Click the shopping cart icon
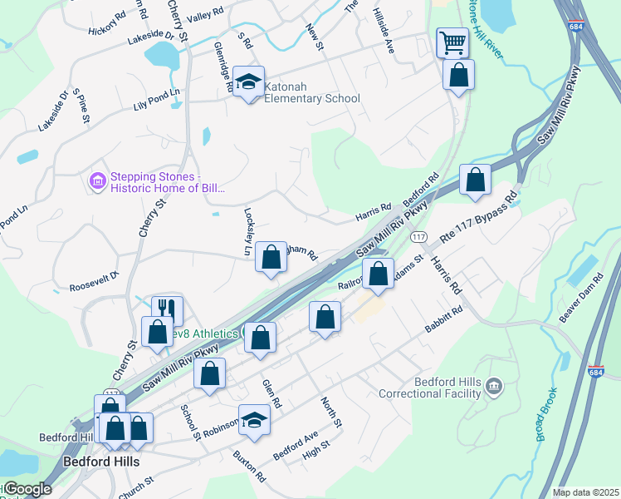(x=452, y=42)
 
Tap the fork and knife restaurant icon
(x=167, y=310)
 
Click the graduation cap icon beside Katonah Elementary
(x=247, y=81)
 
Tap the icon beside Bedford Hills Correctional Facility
(x=494, y=386)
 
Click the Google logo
(x=27, y=490)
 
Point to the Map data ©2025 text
(x=585, y=492)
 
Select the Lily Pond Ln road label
(x=156, y=100)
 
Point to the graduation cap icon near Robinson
(x=254, y=418)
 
